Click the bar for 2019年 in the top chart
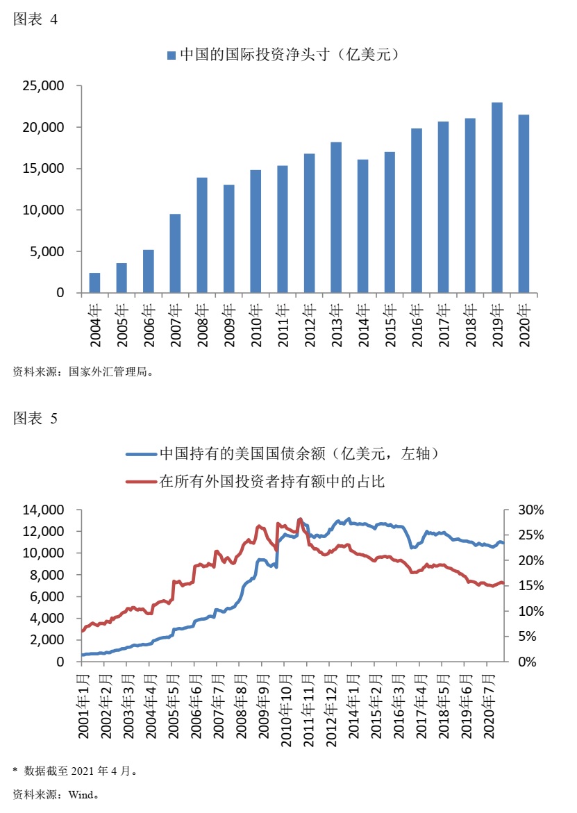[496, 198]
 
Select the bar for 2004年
[94, 283]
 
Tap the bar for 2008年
[202, 235]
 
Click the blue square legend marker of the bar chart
[171, 55]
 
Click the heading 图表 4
[35, 20]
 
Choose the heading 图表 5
[35, 418]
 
